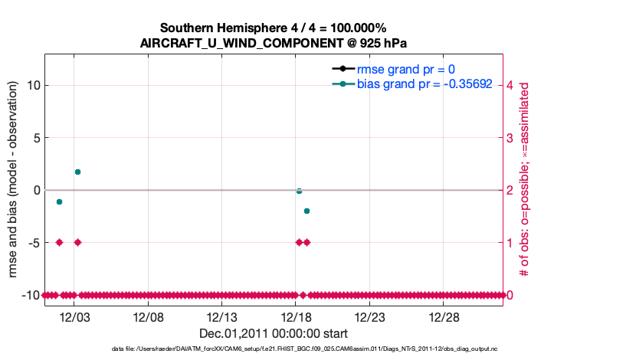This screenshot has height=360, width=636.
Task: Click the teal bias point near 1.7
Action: click(x=77, y=172)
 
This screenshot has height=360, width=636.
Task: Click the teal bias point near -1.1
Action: click(x=59, y=201)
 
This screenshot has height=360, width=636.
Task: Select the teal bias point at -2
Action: click(x=307, y=211)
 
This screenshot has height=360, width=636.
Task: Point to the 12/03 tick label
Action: click(x=74, y=317)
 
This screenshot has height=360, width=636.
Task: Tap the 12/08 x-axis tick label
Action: click(x=148, y=317)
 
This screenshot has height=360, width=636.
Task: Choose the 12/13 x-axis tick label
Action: click(x=221, y=317)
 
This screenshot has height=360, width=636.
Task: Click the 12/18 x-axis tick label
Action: click(x=296, y=317)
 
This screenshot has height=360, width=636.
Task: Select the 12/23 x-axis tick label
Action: click(x=369, y=317)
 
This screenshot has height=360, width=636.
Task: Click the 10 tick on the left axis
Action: click(x=30, y=85)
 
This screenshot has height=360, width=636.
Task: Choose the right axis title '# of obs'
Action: click(x=525, y=181)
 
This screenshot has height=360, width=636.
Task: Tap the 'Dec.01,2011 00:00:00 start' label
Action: click(x=273, y=334)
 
